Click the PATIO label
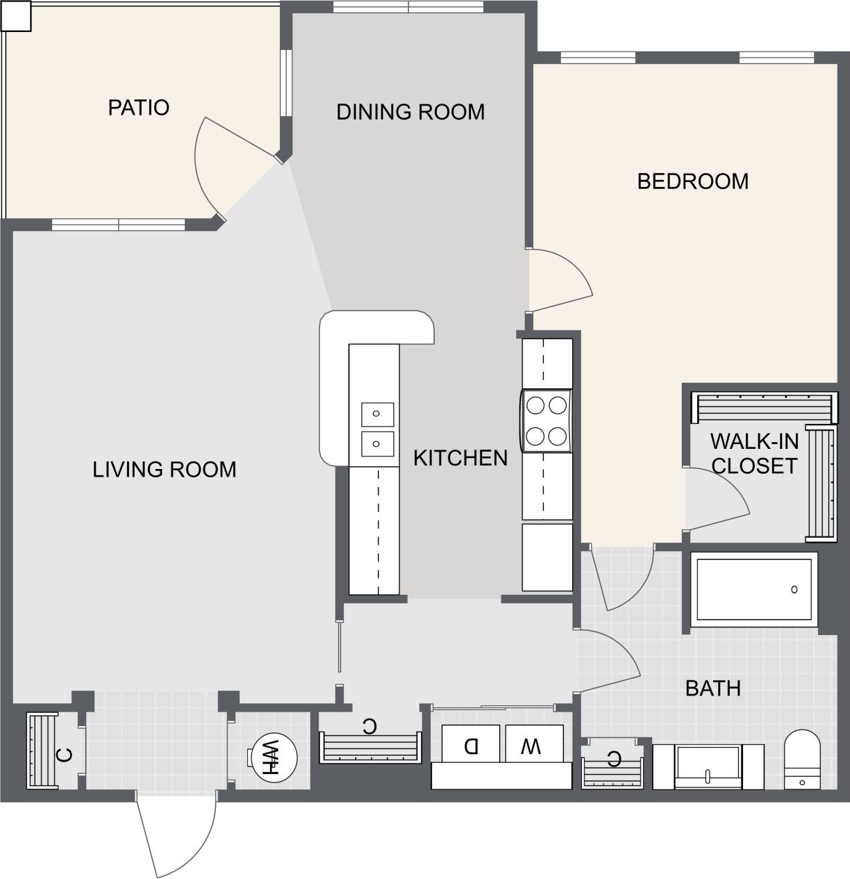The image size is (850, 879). [x=138, y=108]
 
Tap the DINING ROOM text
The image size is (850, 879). [x=410, y=112]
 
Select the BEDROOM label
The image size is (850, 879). [x=692, y=181]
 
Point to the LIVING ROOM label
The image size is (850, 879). [x=164, y=470]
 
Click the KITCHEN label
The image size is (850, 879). [x=460, y=458]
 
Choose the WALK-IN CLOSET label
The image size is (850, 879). [x=754, y=454]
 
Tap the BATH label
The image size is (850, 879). [x=712, y=689]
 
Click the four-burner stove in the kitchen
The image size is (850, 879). [x=547, y=420]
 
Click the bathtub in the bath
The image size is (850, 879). [x=754, y=589]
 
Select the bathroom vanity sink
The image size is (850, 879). [x=708, y=767]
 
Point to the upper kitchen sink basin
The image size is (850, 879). [x=377, y=414]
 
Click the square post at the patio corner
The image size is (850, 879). [x=16, y=16]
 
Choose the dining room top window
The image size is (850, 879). [x=408, y=7]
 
